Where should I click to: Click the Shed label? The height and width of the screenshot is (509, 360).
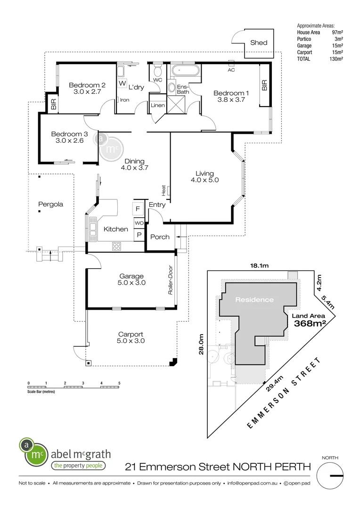[x=259, y=42]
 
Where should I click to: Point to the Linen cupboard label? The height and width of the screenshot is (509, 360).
[x=157, y=105]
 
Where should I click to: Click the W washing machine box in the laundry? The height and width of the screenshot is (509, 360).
[x=123, y=83]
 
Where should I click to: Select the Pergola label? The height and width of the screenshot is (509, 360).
[x=51, y=205]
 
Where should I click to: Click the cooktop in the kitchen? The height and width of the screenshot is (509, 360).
[x=117, y=246]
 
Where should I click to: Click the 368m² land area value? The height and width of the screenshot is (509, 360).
[x=311, y=324]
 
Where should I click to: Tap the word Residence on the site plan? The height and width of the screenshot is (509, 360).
[x=254, y=300]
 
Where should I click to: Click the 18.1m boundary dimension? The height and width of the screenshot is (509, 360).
[x=259, y=266]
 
